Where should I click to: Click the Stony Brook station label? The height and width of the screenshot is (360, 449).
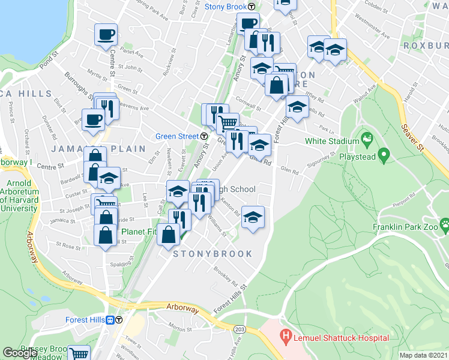226,7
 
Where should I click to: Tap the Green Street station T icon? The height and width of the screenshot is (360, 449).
204,136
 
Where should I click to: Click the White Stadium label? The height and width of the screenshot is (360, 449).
328,141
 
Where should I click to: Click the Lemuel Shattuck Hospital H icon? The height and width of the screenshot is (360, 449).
286,337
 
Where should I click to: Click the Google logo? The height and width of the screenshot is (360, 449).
20,353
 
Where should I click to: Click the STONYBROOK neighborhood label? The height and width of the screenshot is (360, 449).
213,254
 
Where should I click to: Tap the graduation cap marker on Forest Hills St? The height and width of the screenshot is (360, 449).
297,107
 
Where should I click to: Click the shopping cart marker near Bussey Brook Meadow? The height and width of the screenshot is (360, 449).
79,353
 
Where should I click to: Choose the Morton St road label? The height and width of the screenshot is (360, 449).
179,328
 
